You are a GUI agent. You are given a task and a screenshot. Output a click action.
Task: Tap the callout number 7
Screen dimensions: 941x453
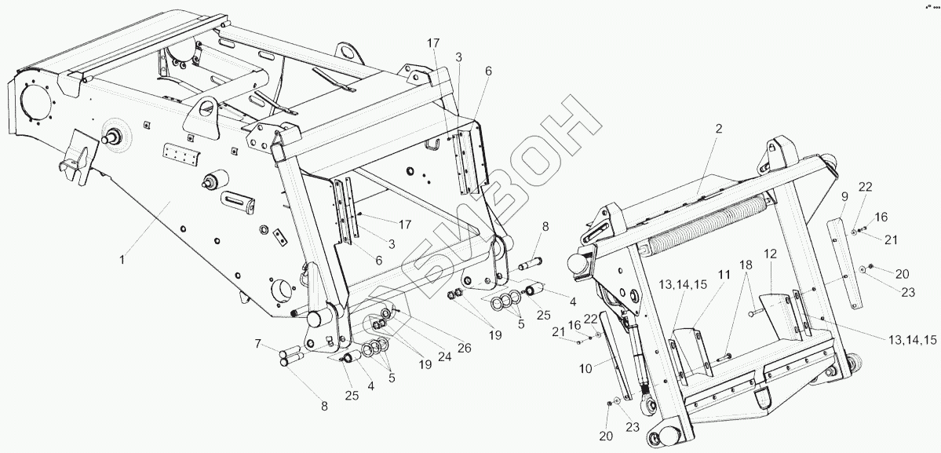257,345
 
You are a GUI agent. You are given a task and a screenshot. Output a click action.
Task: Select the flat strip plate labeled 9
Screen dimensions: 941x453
842,266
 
